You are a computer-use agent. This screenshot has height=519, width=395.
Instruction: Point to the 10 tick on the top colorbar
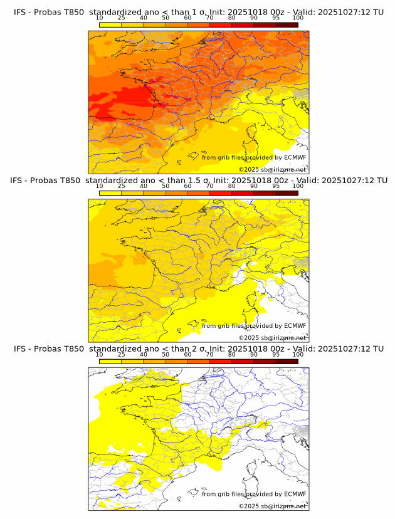click(x=100, y=18)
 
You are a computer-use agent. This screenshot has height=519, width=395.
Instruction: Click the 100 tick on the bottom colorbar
click(x=298, y=354)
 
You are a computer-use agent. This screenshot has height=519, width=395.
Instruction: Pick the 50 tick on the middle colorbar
click(x=166, y=186)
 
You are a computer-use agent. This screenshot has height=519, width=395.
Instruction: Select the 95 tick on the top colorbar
click(x=276, y=18)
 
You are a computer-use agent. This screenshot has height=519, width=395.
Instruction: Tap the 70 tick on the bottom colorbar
click(x=209, y=354)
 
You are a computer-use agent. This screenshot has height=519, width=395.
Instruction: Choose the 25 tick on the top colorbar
click(x=122, y=18)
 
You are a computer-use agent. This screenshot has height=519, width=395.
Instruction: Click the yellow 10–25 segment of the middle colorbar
click(x=110, y=192)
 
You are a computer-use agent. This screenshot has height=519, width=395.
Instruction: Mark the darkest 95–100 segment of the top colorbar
click(x=287, y=24)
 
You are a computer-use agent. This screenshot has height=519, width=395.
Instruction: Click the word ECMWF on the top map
click(x=295, y=157)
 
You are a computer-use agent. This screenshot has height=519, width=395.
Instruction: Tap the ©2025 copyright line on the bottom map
click(x=272, y=506)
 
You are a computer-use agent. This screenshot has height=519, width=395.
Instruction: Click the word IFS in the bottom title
click(x=21, y=349)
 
